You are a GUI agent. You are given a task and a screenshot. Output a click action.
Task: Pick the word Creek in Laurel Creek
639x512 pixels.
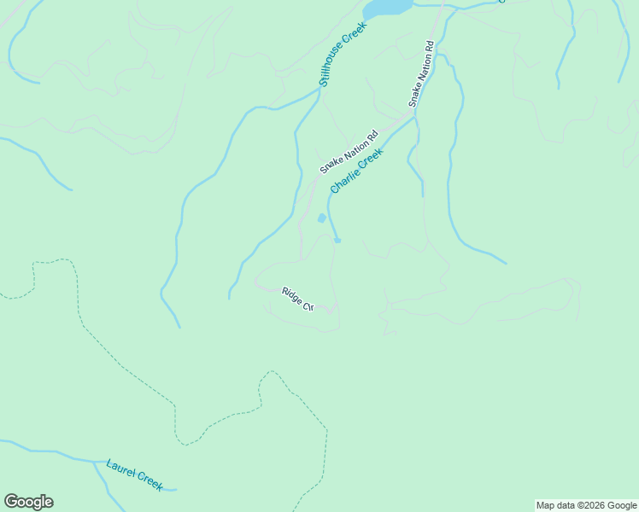[149, 481]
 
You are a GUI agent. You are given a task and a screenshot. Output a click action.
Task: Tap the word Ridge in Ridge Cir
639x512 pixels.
[291, 294]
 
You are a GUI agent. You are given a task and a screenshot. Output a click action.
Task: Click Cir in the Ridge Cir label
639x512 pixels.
[308, 304]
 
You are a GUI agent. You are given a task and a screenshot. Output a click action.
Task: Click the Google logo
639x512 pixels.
[28, 502]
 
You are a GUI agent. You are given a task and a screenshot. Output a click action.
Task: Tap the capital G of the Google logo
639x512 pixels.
[11, 502]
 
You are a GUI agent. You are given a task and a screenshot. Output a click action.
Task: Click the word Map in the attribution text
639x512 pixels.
[546, 505]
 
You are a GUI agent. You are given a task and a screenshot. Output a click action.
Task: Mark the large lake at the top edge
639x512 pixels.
[388, 7]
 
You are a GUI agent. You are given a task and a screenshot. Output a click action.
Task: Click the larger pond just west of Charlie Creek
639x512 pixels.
[322, 218]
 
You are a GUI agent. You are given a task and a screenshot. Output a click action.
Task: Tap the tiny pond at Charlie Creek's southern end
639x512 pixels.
[337, 241]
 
